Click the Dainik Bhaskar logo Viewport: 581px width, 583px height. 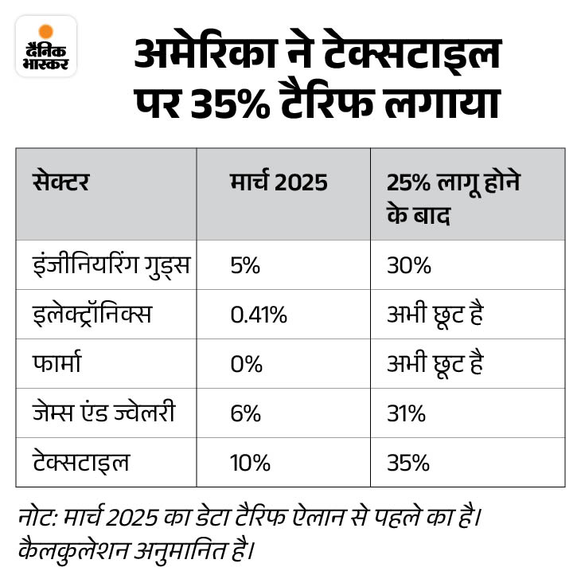click(x=45, y=46)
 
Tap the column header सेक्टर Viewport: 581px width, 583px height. click(x=61, y=182)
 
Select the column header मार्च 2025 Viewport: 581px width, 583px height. click(x=279, y=182)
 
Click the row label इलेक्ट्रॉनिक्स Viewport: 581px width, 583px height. click(x=92, y=315)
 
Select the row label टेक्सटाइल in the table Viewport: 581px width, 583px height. click(x=81, y=463)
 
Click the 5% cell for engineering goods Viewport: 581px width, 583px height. click(x=245, y=265)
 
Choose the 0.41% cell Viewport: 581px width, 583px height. click(x=258, y=315)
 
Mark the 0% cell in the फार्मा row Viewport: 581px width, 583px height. click(x=246, y=364)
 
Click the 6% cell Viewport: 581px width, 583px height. click(x=245, y=413)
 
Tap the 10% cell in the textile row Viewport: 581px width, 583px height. click(x=250, y=463)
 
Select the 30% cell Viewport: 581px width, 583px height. click(x=408, y=265)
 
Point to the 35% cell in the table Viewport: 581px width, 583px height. click(x=408, y=463)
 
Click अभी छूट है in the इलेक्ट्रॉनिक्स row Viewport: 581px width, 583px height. click(x=435, y=315)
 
